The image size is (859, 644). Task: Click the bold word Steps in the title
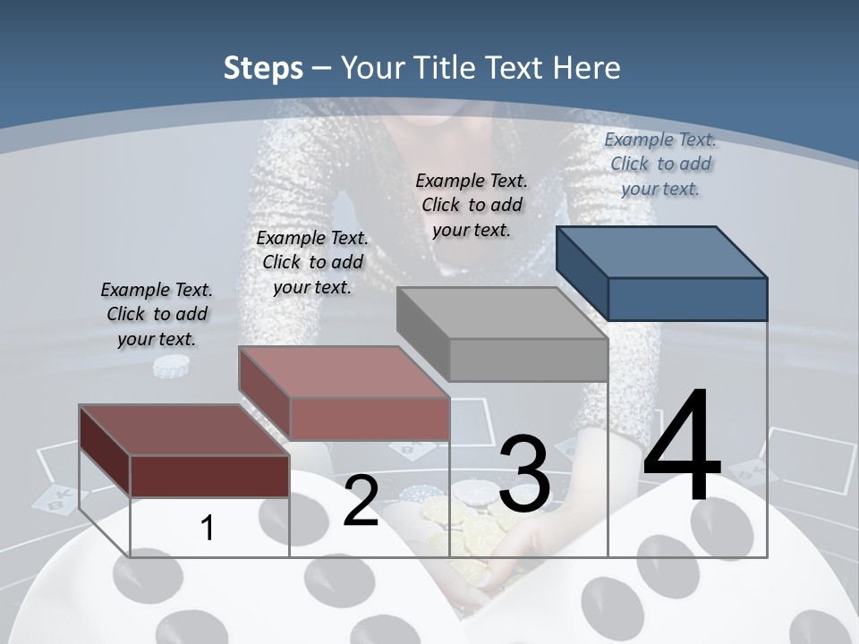tap(263, 68)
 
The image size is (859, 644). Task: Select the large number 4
tap(682, 447)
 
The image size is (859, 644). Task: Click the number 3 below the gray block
tap(524, 474)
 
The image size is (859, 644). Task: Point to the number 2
tap(361, 501)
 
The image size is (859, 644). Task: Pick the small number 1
tap(207, 528)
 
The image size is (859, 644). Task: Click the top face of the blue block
tap(660, 251)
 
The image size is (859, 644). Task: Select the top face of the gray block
tap(501, 313)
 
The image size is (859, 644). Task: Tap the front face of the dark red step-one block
tap(209, 476)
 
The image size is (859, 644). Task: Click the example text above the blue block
tap(660, 164)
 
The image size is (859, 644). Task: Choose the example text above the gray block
tap(472, 205)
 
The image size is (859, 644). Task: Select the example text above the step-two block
tap(312, 262)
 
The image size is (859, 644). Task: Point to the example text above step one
tap(157, 314)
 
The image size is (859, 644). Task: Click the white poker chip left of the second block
tap(171, 366)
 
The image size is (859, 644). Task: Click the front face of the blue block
tap(687, 299)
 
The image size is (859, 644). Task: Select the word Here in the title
tap(588, 68)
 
